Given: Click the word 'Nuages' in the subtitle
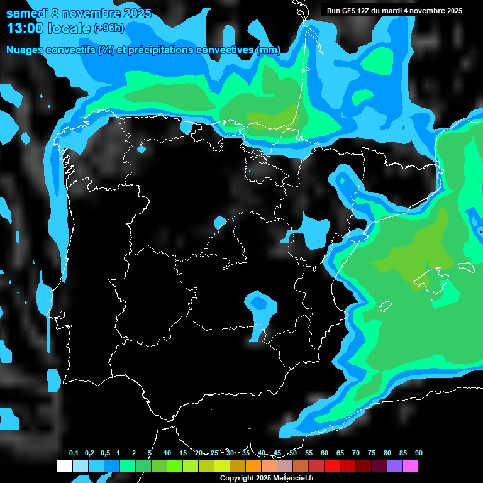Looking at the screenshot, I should pyautogui.click(x=27, y=50).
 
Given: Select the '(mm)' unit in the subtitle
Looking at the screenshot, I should pyautogui.click(x=268, y=50).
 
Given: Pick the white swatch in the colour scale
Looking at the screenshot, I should pyautogui.click(x=64, y=466).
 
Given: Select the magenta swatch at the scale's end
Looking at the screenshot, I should pyautogui.click(x=411, y=466).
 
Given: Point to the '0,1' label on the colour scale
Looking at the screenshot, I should pyautogui.click(x=74, y=453).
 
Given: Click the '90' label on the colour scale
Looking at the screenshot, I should pyautogui.click(x=418, y=453).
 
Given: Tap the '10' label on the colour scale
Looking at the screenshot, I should pyautogui.click(x=167, y=453).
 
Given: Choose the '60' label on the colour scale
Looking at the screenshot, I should pyautogui.click(x=324, y=453).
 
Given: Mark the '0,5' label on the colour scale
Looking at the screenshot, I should pyautogui.click(x=105, y=453).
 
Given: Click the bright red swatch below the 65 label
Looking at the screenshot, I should pyautogui.click(x=332, y=466).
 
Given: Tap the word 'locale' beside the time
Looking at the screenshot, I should pyautogui.click(x=69, y=28).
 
